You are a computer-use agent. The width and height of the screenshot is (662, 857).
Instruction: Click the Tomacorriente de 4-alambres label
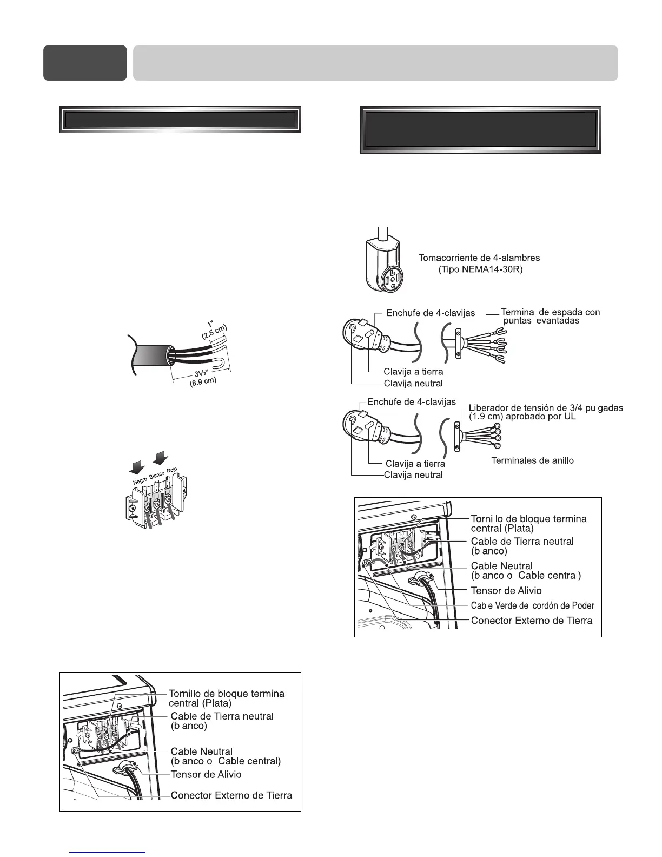[x=479, y=258]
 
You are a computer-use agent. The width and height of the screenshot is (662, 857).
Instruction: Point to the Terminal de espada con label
[x=550, y=312]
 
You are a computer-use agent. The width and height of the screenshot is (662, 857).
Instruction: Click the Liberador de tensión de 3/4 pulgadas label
[x=546, y=408]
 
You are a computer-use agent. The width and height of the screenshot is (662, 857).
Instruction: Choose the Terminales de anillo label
[x=532, y=460]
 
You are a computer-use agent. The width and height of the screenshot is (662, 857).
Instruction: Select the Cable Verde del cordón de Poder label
[x=532, y=605]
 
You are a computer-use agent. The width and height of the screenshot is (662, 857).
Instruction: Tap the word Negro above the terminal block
[x=140, y=479]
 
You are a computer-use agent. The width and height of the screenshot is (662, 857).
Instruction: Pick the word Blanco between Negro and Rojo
[x=157, y=474]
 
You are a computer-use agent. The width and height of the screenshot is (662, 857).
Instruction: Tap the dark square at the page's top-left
[x=85, y=63]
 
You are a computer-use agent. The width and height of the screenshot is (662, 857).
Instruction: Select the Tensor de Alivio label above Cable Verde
[x=506, y=590]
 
